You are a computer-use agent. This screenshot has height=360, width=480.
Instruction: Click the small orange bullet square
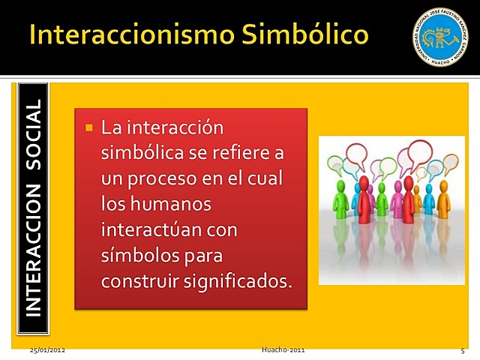coord(88,128)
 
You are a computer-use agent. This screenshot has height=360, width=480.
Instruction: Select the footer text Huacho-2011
coord(283,350)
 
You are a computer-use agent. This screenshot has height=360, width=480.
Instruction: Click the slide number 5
coord(463,350)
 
